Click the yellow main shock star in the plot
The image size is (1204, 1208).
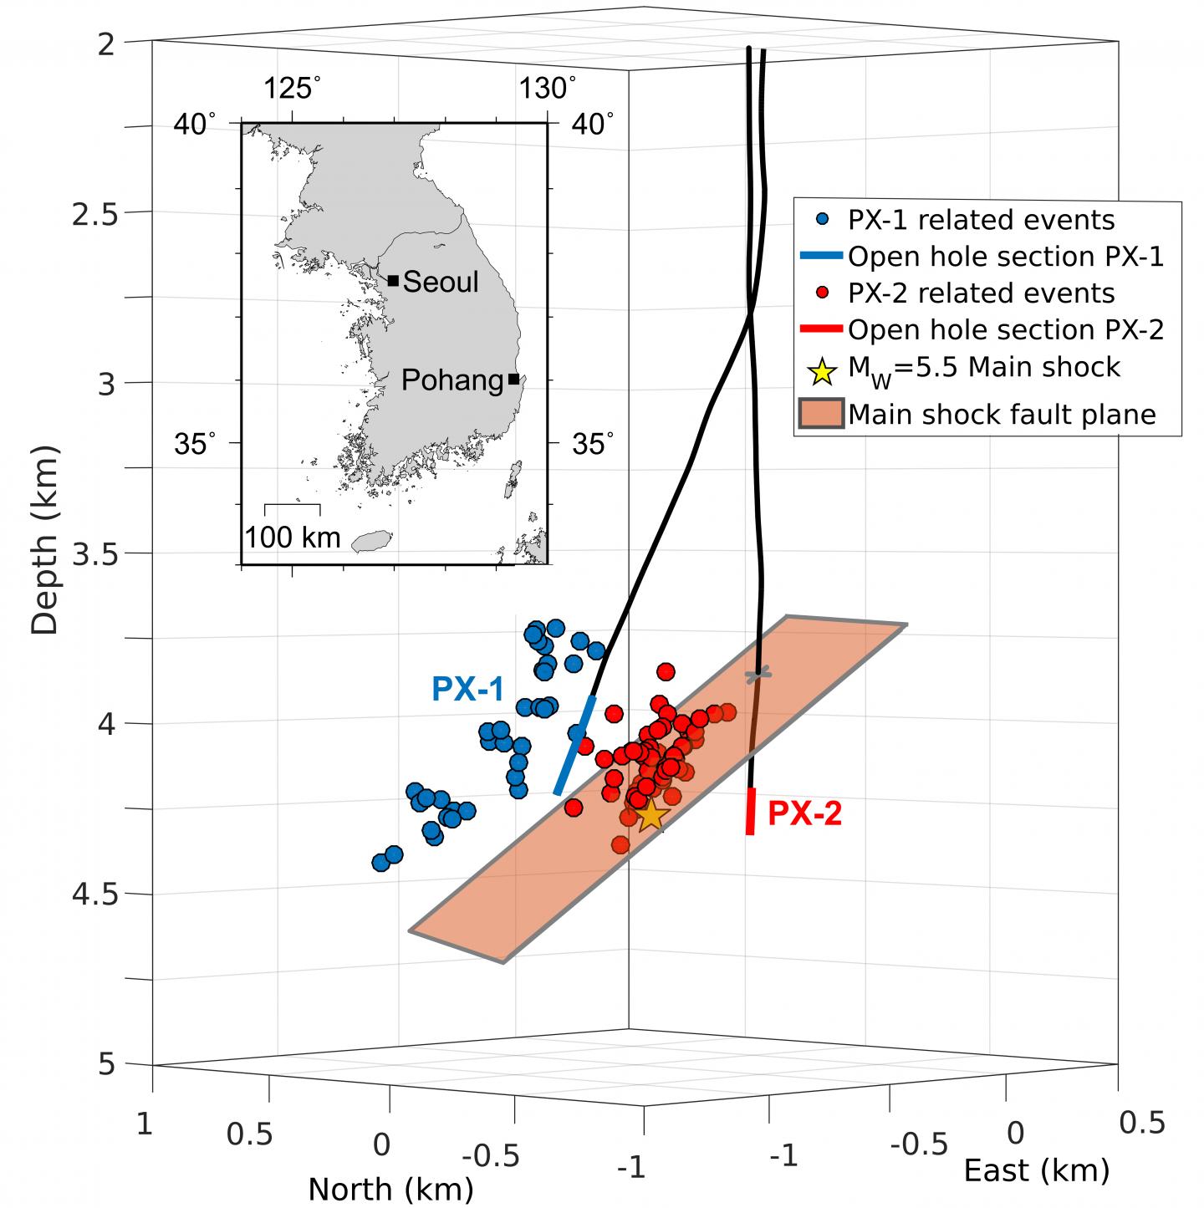tap(650, 813)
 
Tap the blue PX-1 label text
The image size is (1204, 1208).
tap(467, 689)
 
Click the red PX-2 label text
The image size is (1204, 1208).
tap(804, 813)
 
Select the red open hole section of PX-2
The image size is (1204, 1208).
tap(751, 811)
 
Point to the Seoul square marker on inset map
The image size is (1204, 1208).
tap(393, 280)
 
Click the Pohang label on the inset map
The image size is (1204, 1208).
tap(451, 380)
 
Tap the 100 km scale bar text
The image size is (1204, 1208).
tap(293, 537)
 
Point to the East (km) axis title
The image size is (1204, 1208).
tap(1037, 1171)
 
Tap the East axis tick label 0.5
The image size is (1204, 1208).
tap(1141, 1123)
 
